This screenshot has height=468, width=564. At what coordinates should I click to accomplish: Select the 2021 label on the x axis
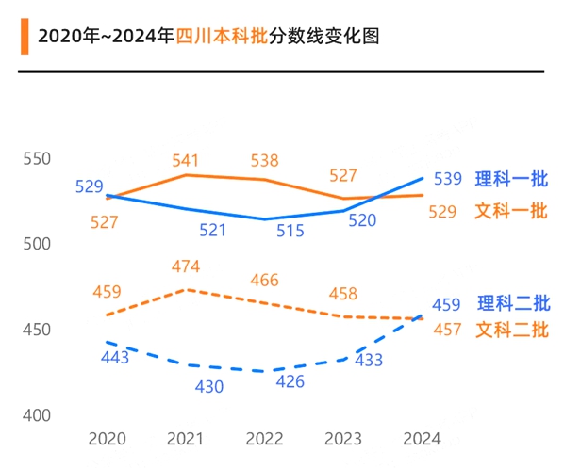pyautogui.click(x=185, y=439)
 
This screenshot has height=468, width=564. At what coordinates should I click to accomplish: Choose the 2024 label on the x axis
pyautogui.click(x=421, y=439)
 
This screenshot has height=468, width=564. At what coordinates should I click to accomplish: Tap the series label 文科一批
pyautogui.click(x=511, y=211)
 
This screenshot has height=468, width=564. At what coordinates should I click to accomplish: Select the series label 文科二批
pyautogui.click(x=511, y=330)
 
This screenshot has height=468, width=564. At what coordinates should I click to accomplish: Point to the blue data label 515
pyautogui.click(x=290, y=229)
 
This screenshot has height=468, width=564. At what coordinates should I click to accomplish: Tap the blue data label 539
pyautogui.click(x=447, y=179)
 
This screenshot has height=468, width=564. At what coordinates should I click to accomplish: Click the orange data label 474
pyautogui.click(x=186, y=267)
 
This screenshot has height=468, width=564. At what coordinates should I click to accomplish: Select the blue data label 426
pyautogui.click(x=290, y=381)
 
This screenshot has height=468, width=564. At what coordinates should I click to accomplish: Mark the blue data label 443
pyautogui.click(x=116, y=357)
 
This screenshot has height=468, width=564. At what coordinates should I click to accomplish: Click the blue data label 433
pyautogui.click(x=368, y=360)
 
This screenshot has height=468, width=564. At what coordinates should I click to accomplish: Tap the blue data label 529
pyautogui.click(x=89, y=186)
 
